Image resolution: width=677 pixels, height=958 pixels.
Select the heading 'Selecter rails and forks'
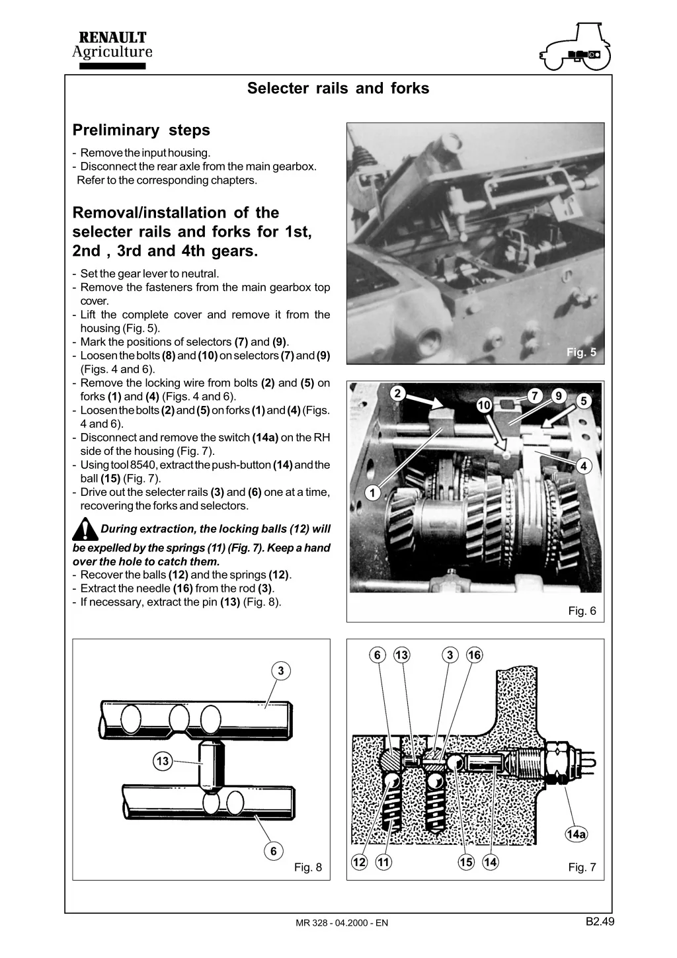(x=338, y=89)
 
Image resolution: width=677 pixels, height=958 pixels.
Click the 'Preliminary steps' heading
(x=141, y=130)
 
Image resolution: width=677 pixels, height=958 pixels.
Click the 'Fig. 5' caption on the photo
(x=581, y=352)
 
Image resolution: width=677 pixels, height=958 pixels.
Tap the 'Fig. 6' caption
(x=582, y=611)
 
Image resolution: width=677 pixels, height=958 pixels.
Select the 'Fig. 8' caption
(x=307, y=867)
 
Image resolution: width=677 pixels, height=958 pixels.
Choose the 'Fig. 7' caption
(x=582, y=867)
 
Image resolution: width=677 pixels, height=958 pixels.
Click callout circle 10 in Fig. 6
(x=484, y=405)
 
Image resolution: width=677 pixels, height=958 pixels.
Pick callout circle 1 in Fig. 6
(x=372, y=493)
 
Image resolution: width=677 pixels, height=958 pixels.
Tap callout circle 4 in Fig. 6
(x=583, y=466)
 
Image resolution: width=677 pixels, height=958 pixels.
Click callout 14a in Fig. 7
(x=576, y=834)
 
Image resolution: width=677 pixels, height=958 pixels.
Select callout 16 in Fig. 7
(x=474, y=655)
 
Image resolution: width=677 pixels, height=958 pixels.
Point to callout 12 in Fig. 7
(x=359, y=862)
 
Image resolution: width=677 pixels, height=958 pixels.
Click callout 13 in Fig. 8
(x=163, y=762)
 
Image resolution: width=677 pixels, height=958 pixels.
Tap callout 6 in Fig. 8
(x=274, y=851)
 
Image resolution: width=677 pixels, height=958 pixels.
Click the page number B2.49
(x=600, y=921)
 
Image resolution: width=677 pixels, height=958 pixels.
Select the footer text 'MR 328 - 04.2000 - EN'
(x=342, y=923)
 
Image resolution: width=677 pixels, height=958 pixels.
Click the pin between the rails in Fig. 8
(x=212, y=765)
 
